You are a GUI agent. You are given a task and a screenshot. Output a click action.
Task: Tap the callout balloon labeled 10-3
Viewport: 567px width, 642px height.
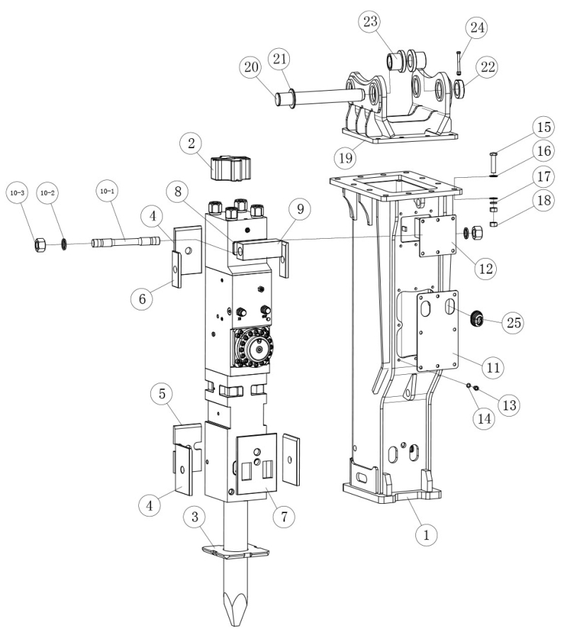point(16,192)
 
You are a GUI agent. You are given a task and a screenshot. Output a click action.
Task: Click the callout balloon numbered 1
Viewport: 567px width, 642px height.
point(426,535)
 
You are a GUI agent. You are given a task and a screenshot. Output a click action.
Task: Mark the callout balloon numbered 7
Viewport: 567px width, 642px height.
point(283,516)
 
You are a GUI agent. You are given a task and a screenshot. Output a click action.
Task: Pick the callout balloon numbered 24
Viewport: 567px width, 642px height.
point(476,28)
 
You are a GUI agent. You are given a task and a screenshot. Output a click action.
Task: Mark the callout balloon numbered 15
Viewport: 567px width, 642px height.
point(544,129)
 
